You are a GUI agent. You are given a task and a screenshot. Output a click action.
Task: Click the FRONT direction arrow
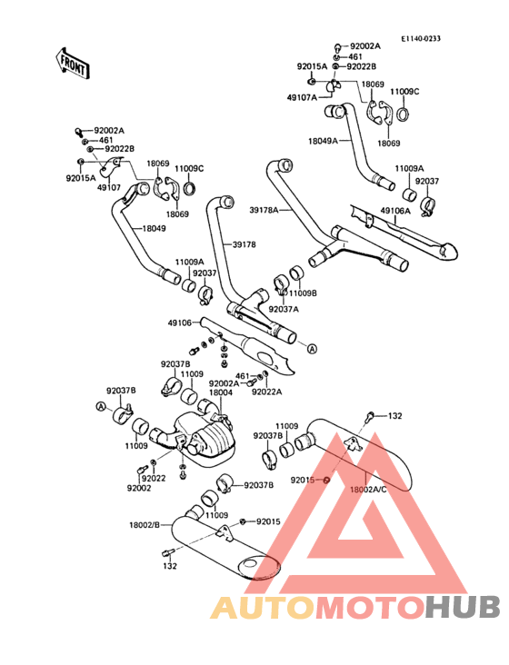(72, 64)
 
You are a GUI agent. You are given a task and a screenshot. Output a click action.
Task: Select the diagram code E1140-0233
(421, 38)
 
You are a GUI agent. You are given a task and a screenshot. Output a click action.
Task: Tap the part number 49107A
(302, 97)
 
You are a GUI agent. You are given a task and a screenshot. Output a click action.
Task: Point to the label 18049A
(323, 141)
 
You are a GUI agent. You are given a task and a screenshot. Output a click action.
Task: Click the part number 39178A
(264, 210)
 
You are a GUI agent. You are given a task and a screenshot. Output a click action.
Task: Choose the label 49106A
(395, 211)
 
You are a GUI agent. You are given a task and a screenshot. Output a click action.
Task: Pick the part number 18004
(221, 392)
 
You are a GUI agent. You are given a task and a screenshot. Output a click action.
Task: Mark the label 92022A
(267, 392)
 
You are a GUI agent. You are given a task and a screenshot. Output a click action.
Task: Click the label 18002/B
(145, 525)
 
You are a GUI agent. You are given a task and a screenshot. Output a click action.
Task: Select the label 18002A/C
(368, 489)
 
